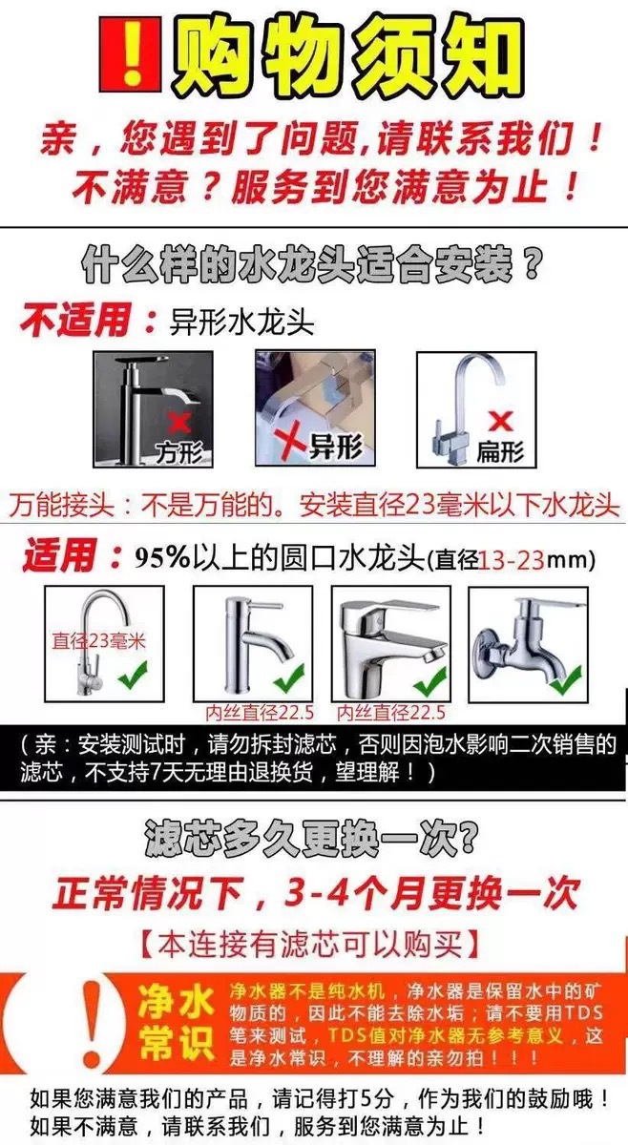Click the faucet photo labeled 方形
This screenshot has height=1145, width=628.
(151, 407)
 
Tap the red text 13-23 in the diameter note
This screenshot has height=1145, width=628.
(511, 559)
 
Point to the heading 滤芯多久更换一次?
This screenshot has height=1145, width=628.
(313, 841)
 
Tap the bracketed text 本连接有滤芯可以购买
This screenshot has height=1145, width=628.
(314, 945)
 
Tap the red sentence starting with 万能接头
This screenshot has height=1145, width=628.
(314, 503)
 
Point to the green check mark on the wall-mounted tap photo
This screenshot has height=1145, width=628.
(565, 681)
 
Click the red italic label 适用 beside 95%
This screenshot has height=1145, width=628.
(59, 556)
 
